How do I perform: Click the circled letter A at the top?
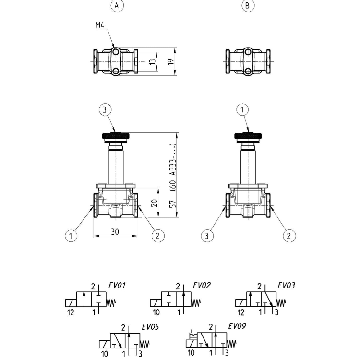pyautogui.click(x=117, y=5)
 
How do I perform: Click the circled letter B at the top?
pyautogui.click(x=248, y=5)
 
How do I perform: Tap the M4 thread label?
pyautogui.click(x=100, y=25)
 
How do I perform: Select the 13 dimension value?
pyautogui.click(x=153, y=61)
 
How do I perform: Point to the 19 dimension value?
pyautogui.click(x=171, y=61)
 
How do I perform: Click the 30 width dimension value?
pyautogui.click(x=115, y=232)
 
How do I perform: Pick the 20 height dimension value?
pyautogui.click(x=154, y=203)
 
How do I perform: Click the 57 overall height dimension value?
pyautogui.click(x=173, y=204)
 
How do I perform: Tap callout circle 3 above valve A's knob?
pyautogui.click(x=105, y=110)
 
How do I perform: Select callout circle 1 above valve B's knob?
pyautogui.click(x=243, y=110)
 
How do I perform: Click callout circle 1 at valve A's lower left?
pyautogui.click(x=71, y=236)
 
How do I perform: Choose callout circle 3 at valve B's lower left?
pyautogui.click(x=207, y=236)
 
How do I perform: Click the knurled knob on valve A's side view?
pyautogui.click(x=116, y=137)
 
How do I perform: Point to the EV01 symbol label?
pyautogui.click(x=117, y=286)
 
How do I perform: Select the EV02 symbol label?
pyautogui.click(x=202, y=285)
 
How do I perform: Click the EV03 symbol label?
pyautogui.click(x=286, y=286)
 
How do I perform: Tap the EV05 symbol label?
pyautogui.click(x=150, y=327)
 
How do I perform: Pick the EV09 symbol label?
pyautogui.click(x=237, y=326)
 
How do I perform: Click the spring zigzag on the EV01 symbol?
pyautogui.click(x=111, y=303)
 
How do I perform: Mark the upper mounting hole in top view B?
pyautogui.click(x=248, y=52)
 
